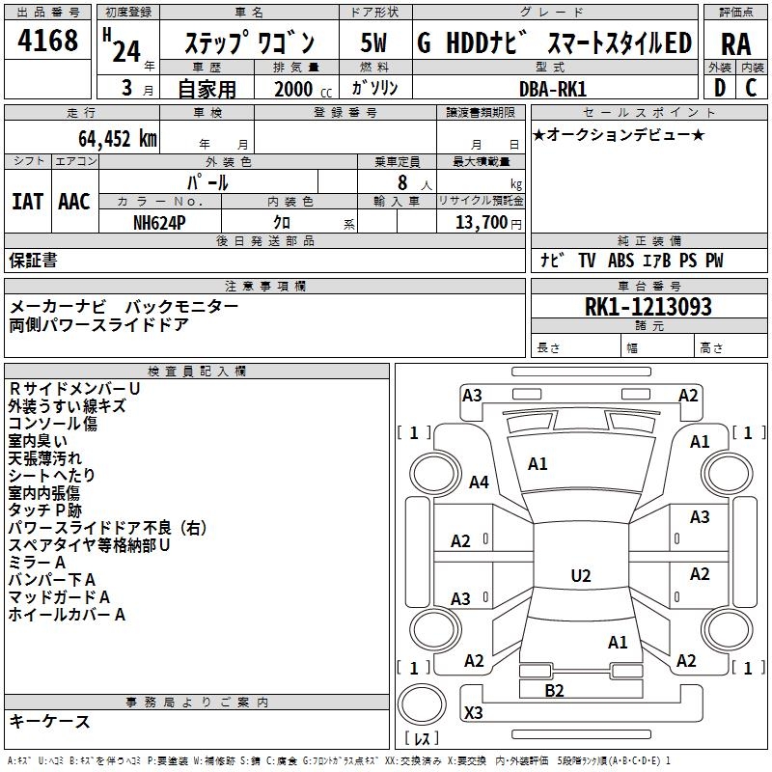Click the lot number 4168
point(49,41)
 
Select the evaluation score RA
point(735,43)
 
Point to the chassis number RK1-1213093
point(648,307)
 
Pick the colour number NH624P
point(160,222)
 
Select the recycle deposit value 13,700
point(476,222)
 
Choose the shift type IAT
point(27,201)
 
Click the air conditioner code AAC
point(74,201)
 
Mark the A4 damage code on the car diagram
point(479,482)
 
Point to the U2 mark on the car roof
point(580,576)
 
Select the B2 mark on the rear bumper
point(554,690)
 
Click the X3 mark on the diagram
point(473,712)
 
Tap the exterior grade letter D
point(719,88)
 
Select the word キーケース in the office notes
point(50,721)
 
